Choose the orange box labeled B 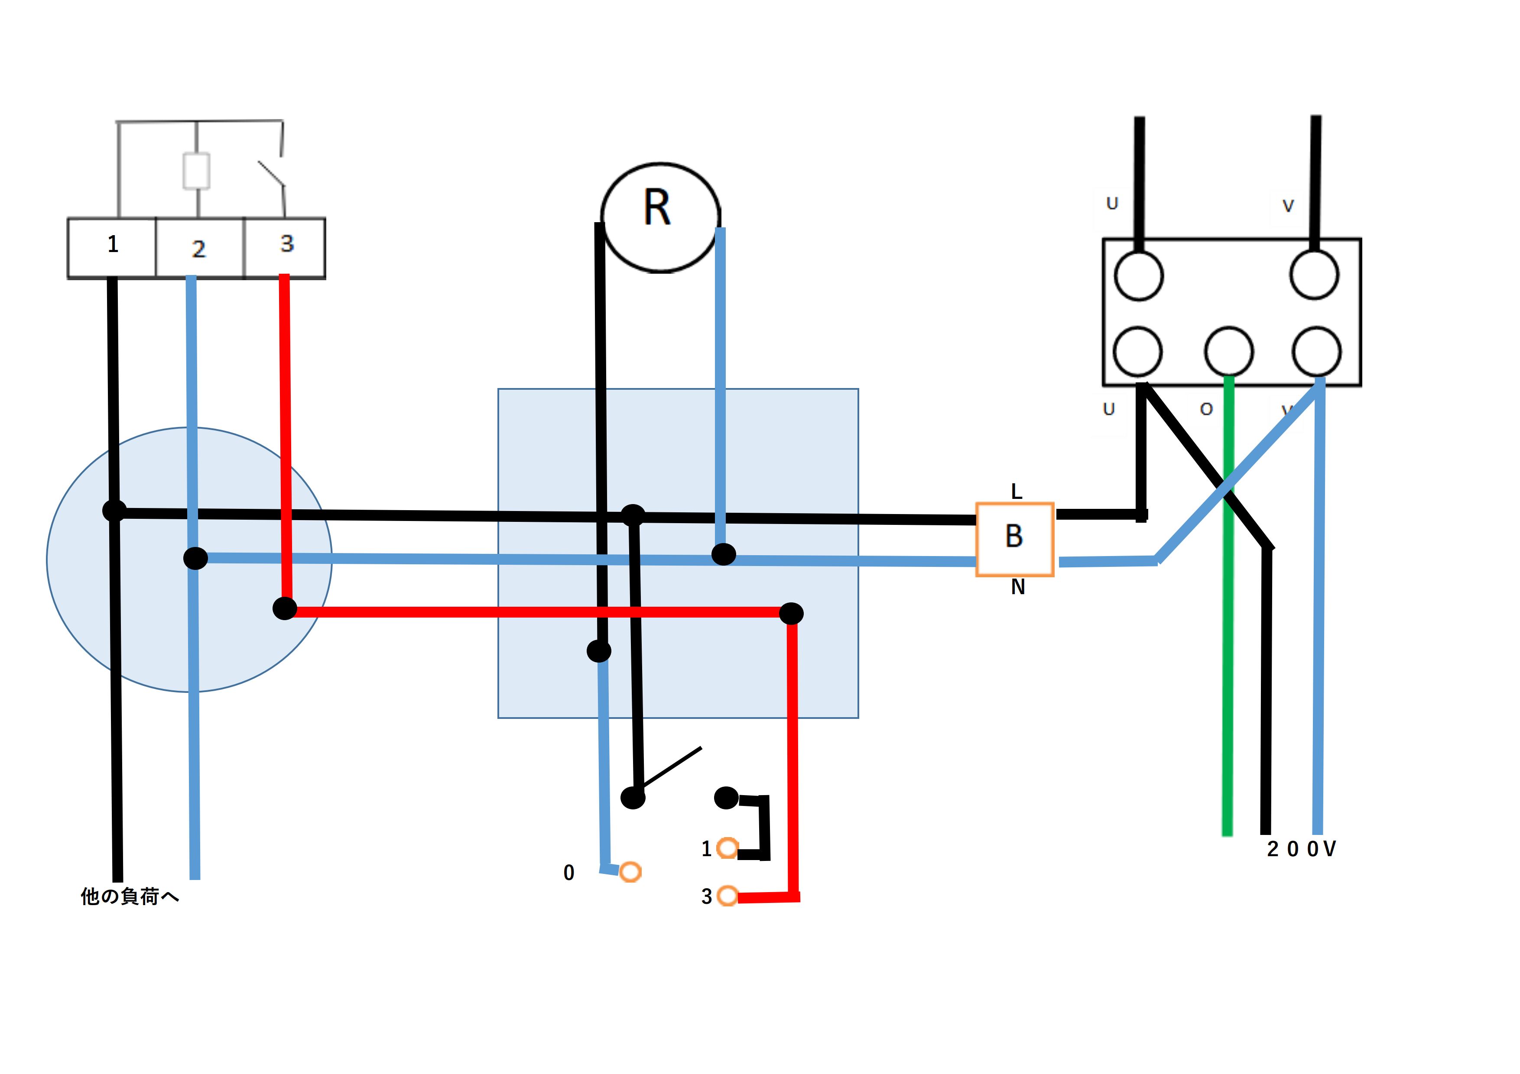coord(1014,539)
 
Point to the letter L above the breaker coord(1017,492)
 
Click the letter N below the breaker coord(1017,587)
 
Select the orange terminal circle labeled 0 coord(630,871)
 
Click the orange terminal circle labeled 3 coord(728,896)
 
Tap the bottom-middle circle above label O coord(1229,351)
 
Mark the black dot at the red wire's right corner coord(791,613)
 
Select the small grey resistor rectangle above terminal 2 coord(197,171)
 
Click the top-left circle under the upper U coord(1139,275)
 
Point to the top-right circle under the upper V coord(1315,275)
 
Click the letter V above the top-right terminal coord(1288,206)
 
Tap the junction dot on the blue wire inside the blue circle coord(195,558)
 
